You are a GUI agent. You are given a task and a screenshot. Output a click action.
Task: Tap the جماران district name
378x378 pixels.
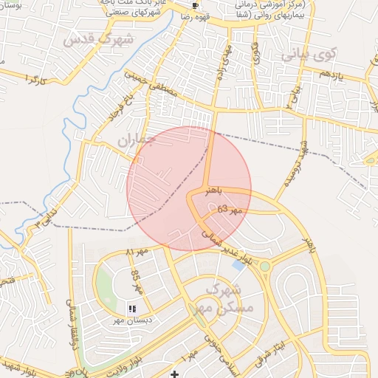138,139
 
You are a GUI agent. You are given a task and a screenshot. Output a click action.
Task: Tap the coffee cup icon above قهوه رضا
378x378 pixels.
195,5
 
